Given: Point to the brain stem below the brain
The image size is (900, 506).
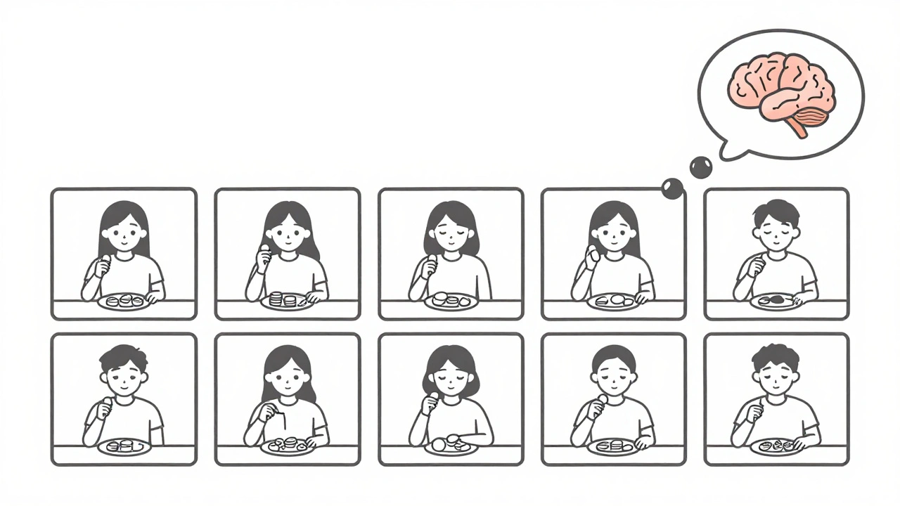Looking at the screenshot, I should pos(797,129).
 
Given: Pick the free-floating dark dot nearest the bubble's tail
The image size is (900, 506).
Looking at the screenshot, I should pos(700,167).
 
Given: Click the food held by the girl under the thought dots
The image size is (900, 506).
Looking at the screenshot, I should pos(595,257).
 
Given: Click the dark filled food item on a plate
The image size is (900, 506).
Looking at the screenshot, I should pos(775,299).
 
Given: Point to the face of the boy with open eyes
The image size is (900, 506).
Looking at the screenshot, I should pos(123,380).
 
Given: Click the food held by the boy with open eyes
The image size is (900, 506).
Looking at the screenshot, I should pos(107,403).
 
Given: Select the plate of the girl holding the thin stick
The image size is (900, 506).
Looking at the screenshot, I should pos(287,446).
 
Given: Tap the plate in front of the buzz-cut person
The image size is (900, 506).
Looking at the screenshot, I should pos(612,446).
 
